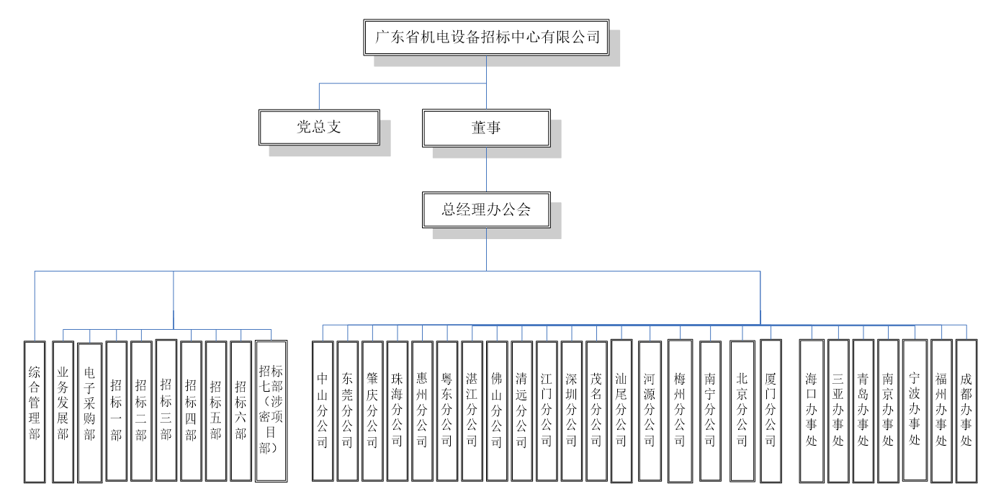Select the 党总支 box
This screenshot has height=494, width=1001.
(x=319, y=127)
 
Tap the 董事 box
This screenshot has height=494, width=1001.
(x=486, y=127)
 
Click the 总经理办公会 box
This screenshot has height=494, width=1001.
(x=486, y=210)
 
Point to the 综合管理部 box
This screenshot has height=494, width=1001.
(x=35, y=410)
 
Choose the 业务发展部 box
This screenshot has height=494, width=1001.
(x=63, y=410)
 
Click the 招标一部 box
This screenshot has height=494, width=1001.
(x=116, y=410)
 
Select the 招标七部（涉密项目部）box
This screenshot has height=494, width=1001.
(x=271, y=410)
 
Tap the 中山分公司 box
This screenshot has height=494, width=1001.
(x=323, y=410)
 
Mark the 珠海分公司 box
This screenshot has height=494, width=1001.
(x=397, y=410)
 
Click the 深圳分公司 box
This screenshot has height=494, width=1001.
(x=571, y=410)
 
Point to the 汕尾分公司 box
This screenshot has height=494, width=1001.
(x=621, y=410)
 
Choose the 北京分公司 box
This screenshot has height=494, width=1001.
(x=742, y=410)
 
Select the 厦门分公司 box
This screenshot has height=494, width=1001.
(x=771, y=410)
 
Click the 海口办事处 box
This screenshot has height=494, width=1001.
(x=812, y=410)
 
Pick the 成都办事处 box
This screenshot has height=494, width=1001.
(x=966, y=410)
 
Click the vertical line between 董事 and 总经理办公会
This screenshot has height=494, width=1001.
(x=486, y=169)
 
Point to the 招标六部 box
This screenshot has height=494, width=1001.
(x=241, y=410)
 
